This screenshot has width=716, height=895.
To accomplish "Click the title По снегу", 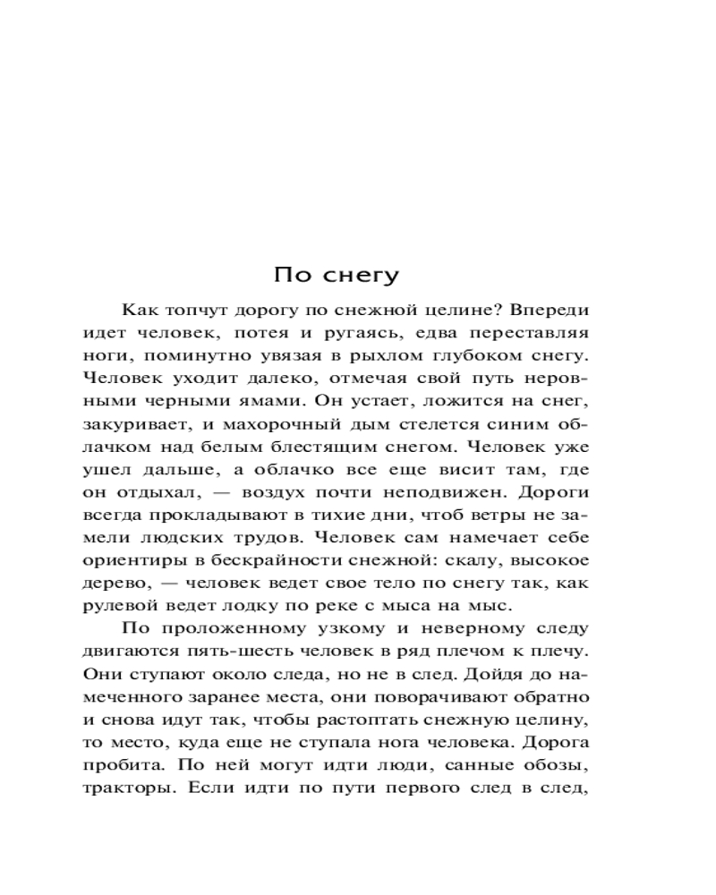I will tap(335, 275).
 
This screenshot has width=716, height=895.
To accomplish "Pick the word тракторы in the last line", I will tap(122, 792).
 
